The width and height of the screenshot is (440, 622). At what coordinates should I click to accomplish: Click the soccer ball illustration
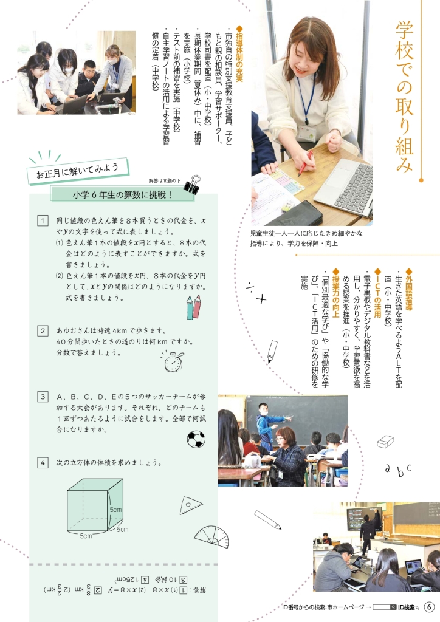point(196,439)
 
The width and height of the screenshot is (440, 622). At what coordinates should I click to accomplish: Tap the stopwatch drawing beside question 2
point(173,361)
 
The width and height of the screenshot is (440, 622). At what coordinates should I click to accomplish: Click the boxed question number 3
point(43,397)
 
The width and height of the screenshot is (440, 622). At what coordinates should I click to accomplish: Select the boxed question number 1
point(43,220)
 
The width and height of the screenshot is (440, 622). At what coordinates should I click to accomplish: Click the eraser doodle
point(385,442)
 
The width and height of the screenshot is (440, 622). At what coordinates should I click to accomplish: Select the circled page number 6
point(429,607)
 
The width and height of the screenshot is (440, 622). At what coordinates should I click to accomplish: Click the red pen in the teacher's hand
point(305,163)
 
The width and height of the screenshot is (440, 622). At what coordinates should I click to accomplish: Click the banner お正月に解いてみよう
point(78,171)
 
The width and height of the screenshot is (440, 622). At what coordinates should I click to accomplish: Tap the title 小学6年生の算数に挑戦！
point(122,195)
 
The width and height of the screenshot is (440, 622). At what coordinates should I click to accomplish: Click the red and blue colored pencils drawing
point(193,307)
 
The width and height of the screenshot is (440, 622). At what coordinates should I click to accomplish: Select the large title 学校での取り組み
point(404,97)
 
